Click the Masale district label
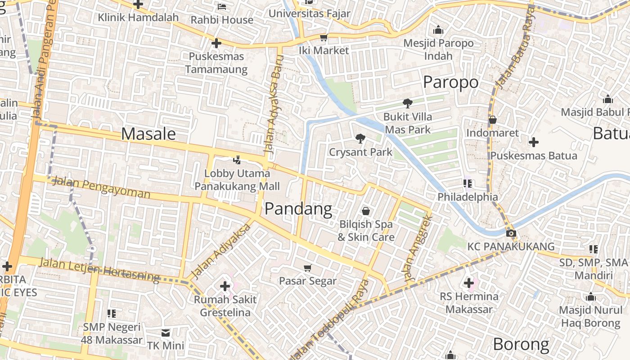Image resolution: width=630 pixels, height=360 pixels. (148, 134)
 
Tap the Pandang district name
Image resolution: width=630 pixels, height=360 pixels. (298, 209)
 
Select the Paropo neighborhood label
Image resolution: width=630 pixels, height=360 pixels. (450, 82)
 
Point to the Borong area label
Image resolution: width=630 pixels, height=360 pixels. (521, 344)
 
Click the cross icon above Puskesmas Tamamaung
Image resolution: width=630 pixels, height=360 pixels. (216, 43)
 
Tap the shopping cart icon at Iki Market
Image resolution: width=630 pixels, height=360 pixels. (324, 37)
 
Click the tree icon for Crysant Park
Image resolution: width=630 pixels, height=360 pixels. (360, 139)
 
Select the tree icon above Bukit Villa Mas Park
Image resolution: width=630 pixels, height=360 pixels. (408, 103)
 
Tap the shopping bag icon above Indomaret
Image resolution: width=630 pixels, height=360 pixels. (492, 120)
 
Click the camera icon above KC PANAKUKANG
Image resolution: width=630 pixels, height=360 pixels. (511, 233)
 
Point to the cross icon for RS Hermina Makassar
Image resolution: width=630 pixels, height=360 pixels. (469, 283)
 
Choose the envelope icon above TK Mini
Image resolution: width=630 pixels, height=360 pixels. (166, 333)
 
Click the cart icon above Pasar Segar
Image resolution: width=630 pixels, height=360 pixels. (308, 268)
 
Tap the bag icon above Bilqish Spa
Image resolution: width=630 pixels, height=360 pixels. (366, 211)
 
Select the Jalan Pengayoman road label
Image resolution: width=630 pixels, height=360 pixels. (101, 188)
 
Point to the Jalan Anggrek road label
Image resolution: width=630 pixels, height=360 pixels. (418, 249)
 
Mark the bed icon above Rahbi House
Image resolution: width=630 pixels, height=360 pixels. (222, 6)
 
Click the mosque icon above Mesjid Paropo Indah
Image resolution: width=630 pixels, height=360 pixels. (438, 30)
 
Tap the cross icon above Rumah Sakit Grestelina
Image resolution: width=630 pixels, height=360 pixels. (225, 286)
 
